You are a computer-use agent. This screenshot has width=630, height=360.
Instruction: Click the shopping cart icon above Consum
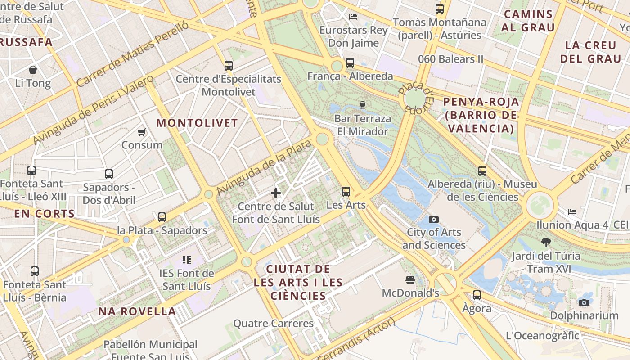142,132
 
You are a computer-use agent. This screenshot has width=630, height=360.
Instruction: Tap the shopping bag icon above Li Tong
33,70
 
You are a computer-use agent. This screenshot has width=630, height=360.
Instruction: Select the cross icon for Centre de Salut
276,193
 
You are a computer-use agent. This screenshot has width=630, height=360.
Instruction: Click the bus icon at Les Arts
346,192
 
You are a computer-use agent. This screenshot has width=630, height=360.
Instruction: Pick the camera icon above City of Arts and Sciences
434,219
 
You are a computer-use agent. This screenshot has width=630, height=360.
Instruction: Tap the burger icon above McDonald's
410,280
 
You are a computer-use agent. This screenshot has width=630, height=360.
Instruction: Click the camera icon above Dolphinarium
584,302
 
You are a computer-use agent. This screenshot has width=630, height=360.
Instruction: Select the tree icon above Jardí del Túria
546,243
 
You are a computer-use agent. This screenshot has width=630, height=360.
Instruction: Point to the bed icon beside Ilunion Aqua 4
572,211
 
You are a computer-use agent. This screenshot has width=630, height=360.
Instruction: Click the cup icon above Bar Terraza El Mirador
362,105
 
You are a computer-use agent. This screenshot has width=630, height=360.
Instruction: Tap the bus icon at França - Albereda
350,63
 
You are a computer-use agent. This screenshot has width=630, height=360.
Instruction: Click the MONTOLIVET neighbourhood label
197,123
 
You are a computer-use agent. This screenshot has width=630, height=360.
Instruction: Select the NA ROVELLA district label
137,311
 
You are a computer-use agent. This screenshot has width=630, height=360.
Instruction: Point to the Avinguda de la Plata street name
264,167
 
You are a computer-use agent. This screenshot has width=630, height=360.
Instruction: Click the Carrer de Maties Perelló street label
133,54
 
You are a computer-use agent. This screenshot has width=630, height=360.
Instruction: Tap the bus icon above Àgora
477,295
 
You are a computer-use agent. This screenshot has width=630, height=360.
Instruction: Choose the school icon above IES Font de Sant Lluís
187,260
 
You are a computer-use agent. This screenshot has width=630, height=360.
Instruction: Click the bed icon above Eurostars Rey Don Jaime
353,17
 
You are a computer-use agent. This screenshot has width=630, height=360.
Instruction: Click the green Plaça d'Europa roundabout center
414,98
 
